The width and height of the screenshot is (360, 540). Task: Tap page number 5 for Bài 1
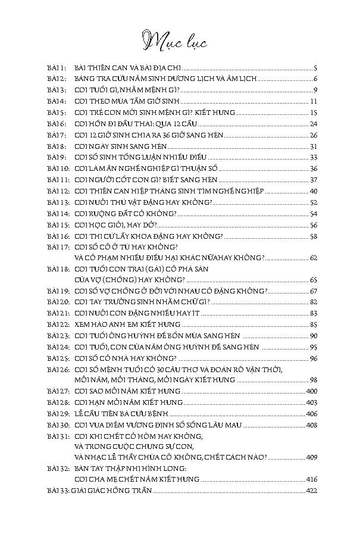[315, 68]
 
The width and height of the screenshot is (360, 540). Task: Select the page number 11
[313, 101]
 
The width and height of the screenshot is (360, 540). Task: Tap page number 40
[313, 191]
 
